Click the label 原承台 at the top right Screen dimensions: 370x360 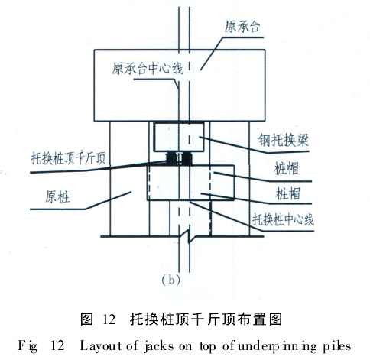tap(242, 27)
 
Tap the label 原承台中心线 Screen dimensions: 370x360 tap(148, 68)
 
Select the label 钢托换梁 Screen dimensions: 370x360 tap(284, 140)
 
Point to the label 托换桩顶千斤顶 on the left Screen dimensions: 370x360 tap(68, 158)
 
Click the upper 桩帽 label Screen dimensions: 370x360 tap(286, 168)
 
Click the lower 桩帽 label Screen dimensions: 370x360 tap(288, 193)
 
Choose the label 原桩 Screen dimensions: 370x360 tap(57, 197)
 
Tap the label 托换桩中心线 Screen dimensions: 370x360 tap(283, 219)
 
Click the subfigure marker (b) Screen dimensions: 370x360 tap(171, 280)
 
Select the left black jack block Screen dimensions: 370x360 tap(171, 158)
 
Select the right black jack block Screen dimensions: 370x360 tap(187, 158)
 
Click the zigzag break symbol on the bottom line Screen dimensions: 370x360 tap(189, 236)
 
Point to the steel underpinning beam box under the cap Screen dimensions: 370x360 tap(179, 137)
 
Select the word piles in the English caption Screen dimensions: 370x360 tap(337, 346)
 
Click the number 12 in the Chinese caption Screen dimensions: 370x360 tap(109, 319)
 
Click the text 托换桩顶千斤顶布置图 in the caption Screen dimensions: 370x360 tap(206, 319)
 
